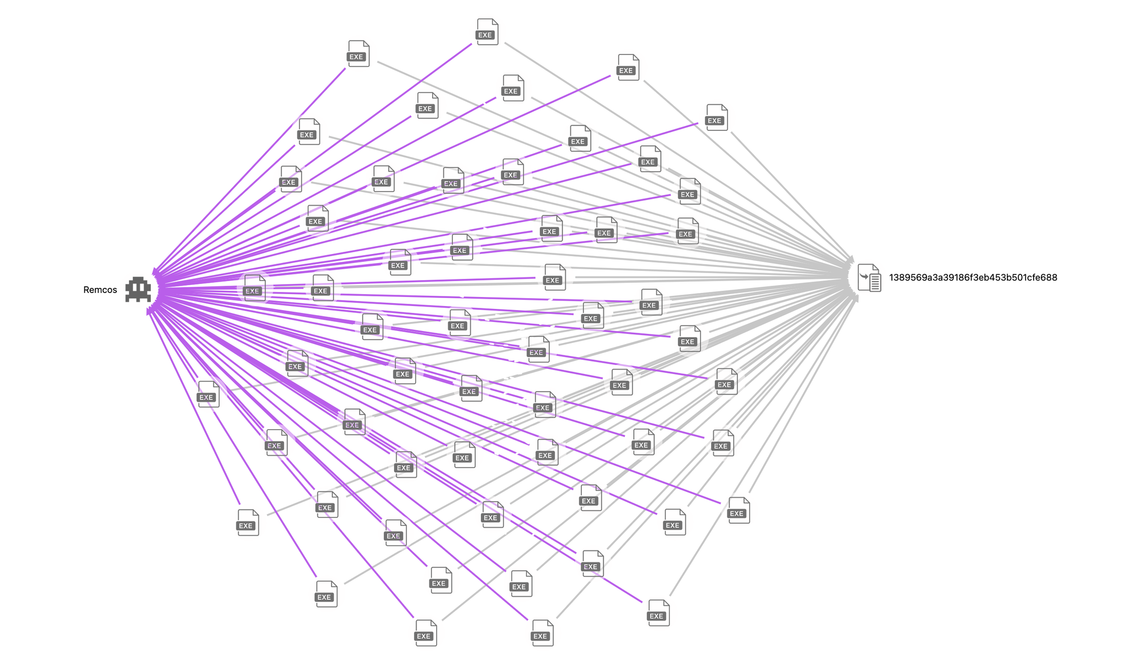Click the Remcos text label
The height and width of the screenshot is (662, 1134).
click(x=100, y=290)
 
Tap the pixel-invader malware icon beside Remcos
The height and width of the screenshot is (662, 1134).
click(x=138, y=289)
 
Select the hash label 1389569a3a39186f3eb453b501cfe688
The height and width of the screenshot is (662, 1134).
click(x=972, y=277)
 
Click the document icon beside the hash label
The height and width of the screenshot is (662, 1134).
click(x=869, y=278)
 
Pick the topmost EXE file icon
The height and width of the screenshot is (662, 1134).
click(x=487, y=32)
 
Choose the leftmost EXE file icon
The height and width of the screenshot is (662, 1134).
click(x=208, y=394)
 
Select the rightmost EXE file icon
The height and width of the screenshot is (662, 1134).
click(x=739, y=510)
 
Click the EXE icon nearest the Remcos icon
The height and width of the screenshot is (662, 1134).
click(x=254, y=288)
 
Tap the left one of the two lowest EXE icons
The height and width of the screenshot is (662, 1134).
click(x=426, y=633)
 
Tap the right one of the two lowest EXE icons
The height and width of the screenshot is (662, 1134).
click(x=542, y=633)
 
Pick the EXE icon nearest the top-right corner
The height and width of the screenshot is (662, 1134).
click(x=717, y=117)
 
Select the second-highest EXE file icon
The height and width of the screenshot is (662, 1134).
click(x=358, y=54)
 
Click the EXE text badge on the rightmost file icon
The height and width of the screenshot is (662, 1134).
click(x=737, y=514)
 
